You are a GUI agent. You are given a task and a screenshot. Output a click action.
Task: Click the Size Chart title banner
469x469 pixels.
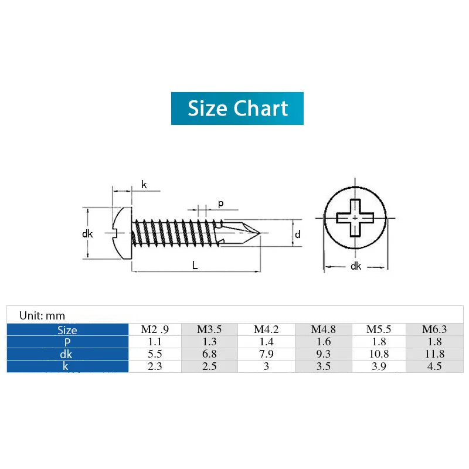(237, 108)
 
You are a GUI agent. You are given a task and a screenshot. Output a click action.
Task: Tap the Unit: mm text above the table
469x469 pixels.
(42, 315)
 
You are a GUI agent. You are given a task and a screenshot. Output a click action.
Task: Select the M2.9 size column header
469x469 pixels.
(155, 329)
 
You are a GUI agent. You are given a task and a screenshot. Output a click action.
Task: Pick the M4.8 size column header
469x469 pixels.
(323, 329)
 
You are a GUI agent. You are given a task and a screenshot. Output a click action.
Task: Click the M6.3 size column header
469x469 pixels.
(434, 329)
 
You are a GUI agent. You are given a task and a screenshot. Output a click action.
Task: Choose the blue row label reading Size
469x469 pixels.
(67, 330)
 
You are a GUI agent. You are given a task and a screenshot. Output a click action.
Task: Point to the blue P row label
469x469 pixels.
(67, 342)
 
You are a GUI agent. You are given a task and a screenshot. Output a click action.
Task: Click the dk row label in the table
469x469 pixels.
(67, 354)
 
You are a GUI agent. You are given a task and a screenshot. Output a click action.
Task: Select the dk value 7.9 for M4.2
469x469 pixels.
(266, 354)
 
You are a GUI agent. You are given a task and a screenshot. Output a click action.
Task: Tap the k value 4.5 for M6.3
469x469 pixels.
(434, 366)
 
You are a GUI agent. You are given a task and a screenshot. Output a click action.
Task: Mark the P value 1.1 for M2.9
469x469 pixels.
(155, 342)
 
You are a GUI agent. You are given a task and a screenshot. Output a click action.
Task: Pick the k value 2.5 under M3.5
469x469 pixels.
(209, 366)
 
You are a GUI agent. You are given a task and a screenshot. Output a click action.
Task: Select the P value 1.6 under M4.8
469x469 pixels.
(323, 342)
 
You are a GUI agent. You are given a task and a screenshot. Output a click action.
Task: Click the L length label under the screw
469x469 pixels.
(195, 265)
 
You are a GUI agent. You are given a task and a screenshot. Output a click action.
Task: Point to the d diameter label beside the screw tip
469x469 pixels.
(298, 235)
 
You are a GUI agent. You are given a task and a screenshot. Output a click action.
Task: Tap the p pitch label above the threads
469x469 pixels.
(220, 203)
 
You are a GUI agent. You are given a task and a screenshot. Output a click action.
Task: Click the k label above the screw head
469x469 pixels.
(144, 185)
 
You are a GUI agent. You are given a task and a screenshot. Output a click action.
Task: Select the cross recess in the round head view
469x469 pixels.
(355, 218)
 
